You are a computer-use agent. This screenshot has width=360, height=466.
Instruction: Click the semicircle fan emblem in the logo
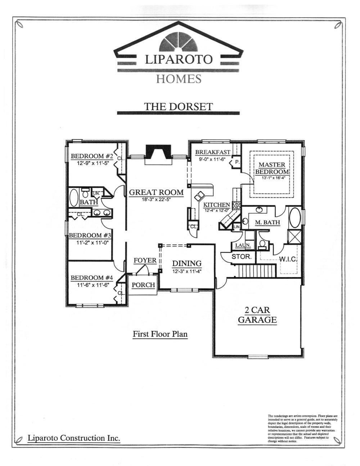179,44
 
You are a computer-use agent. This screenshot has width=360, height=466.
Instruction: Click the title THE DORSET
179,106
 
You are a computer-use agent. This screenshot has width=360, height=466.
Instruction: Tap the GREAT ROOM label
156,192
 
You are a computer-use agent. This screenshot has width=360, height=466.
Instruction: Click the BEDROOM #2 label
92,156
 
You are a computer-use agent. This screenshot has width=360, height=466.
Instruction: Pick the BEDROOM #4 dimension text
93,284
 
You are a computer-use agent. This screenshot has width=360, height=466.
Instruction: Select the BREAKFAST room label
213,152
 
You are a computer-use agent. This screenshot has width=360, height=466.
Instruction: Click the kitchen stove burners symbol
237,206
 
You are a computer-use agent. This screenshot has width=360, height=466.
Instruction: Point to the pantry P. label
237,162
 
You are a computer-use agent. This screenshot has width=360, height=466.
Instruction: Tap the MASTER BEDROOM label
272,168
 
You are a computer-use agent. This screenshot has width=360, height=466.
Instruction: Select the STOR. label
241,257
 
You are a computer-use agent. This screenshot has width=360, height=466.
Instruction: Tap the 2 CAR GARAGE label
257,315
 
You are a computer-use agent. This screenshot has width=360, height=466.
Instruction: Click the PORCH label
143,285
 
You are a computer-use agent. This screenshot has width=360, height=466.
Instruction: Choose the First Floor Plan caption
160,334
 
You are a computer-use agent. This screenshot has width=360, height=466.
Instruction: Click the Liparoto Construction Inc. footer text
74,438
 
